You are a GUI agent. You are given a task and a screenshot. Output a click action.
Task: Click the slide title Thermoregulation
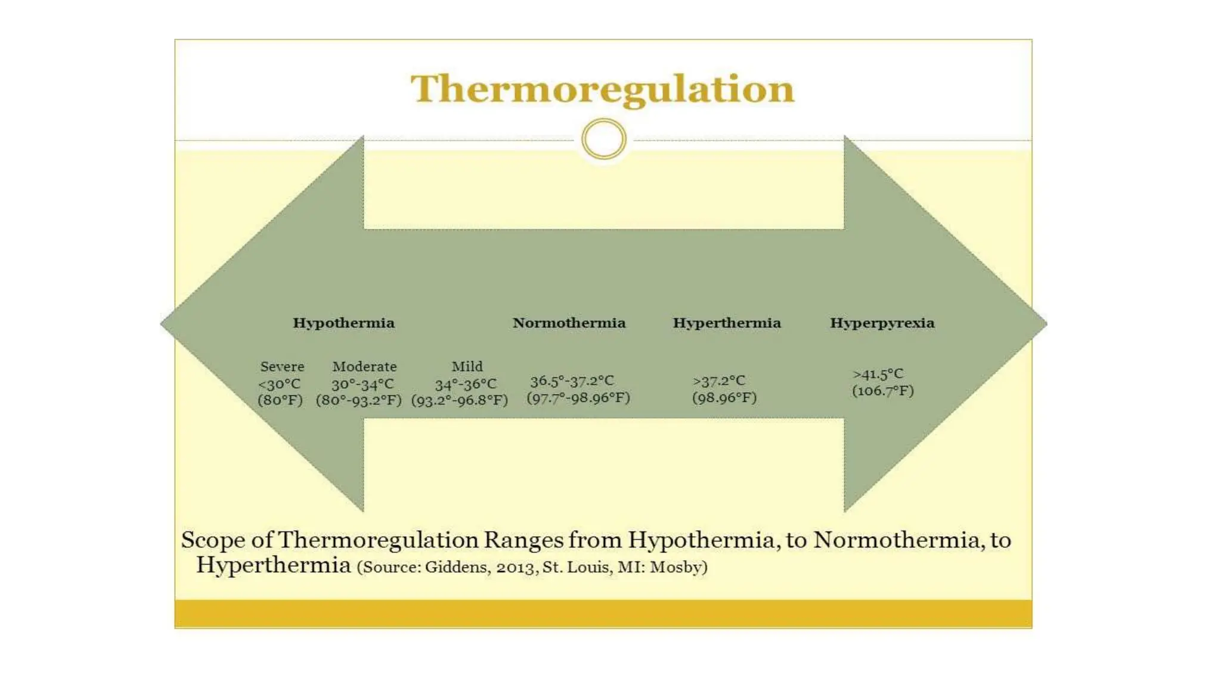tap(602, 89)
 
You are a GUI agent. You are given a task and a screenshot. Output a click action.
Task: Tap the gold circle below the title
tap(603, 140)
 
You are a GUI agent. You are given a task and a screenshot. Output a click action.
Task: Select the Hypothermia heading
tap(343, 323)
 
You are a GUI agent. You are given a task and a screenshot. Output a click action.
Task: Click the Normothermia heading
tap(569, 323)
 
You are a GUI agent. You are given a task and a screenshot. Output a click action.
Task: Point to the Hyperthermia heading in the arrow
tap(726, 323)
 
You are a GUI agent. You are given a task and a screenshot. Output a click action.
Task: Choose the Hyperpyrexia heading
tap(882, 323)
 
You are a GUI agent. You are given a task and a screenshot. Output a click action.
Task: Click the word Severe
tap(282, 367)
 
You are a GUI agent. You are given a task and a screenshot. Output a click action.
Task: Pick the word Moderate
tap(364, 367)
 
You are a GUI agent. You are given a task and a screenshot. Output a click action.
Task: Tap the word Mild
tap(467, 367)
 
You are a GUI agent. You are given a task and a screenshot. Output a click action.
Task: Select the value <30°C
tap(279, 384)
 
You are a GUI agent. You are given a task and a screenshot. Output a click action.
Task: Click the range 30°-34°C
tap(362, 384)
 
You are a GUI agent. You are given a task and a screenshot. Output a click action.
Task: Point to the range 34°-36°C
tap(465, 384)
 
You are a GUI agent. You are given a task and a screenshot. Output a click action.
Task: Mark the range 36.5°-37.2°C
tap(572, 381)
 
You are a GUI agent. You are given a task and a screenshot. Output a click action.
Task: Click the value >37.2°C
tap(719, 381)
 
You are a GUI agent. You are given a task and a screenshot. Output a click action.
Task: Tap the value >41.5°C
tap(878, 375)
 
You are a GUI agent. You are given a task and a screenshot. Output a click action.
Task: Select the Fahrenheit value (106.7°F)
tap(882, 391)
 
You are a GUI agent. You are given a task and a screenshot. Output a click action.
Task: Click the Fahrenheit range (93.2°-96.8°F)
tap(459, 400)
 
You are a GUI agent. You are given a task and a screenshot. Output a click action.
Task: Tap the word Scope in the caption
tap(213, 540)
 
